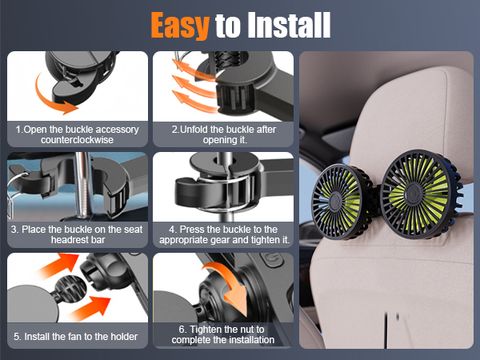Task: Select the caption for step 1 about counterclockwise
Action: point(78,134)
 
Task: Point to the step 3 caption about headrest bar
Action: point(78,234)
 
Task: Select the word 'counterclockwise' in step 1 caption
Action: point(78,139)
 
